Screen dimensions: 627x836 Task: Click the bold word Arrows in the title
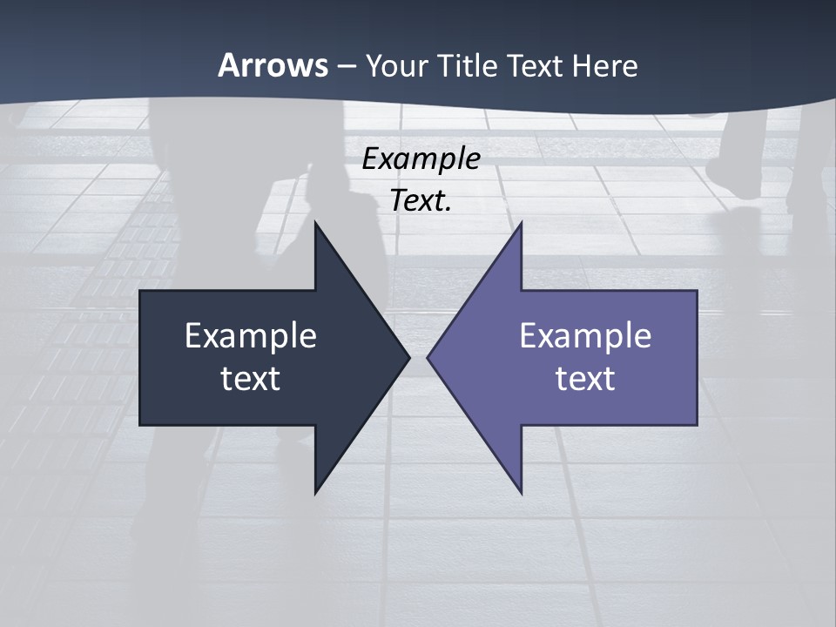273,65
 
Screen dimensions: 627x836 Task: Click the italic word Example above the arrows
421,158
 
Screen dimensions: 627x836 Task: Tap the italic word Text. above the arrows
421,200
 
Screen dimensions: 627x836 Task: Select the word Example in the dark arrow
251,336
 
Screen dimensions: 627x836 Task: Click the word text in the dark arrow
251,379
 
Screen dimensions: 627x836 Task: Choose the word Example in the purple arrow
585,336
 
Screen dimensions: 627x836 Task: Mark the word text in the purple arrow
585,379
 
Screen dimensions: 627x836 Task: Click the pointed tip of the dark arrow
407,357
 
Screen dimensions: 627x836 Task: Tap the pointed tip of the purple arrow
430,357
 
